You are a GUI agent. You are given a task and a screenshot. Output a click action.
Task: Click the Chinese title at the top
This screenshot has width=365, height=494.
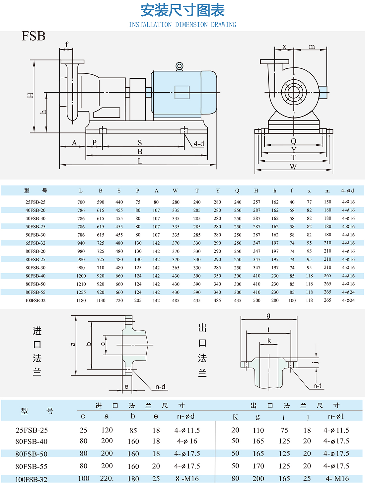pos(183,11)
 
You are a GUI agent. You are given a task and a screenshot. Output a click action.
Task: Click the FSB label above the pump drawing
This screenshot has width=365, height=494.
pos(34,36)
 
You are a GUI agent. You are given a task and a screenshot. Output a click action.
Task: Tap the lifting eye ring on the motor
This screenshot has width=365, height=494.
pos(179,66)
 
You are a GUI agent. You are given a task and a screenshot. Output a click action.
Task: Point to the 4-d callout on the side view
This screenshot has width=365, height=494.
pos(199,144)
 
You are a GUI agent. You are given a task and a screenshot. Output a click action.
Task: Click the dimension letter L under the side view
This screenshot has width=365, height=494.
pos(140,161)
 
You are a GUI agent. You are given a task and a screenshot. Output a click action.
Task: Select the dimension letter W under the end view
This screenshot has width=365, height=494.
pos(293,167)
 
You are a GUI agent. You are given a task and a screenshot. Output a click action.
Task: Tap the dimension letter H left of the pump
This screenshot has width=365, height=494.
pos(31,95)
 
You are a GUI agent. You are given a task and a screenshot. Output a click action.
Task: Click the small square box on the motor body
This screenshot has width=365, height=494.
pos(182,92)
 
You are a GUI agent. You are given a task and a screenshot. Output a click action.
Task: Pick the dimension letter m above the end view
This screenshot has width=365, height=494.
pos(312,47)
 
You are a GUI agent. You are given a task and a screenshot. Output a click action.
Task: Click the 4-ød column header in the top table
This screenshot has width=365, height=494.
pos(347,191)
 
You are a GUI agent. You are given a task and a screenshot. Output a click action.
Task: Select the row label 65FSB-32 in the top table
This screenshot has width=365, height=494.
pos(36,243)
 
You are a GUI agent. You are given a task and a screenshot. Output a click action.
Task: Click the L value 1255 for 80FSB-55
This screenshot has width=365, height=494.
pos(81,292)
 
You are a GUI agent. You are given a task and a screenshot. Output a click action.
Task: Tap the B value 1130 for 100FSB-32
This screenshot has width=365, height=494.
pos(101,301)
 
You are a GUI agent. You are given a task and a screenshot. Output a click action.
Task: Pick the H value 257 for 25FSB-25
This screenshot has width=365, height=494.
pos(256,202)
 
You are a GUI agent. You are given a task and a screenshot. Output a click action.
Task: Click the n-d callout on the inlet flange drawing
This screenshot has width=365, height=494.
pos(160,387)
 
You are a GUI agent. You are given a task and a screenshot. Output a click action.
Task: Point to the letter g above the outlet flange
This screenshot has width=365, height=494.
pos(268,316)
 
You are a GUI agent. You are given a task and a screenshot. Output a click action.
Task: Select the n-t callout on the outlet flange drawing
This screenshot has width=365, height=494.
pos(317,386)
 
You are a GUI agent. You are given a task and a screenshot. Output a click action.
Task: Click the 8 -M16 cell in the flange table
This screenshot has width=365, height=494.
pos(187,479)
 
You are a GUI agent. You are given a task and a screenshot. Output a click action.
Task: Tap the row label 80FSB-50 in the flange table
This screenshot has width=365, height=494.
pos(32,454)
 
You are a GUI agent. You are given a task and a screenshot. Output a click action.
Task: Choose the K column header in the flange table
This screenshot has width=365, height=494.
pos(235,417)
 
